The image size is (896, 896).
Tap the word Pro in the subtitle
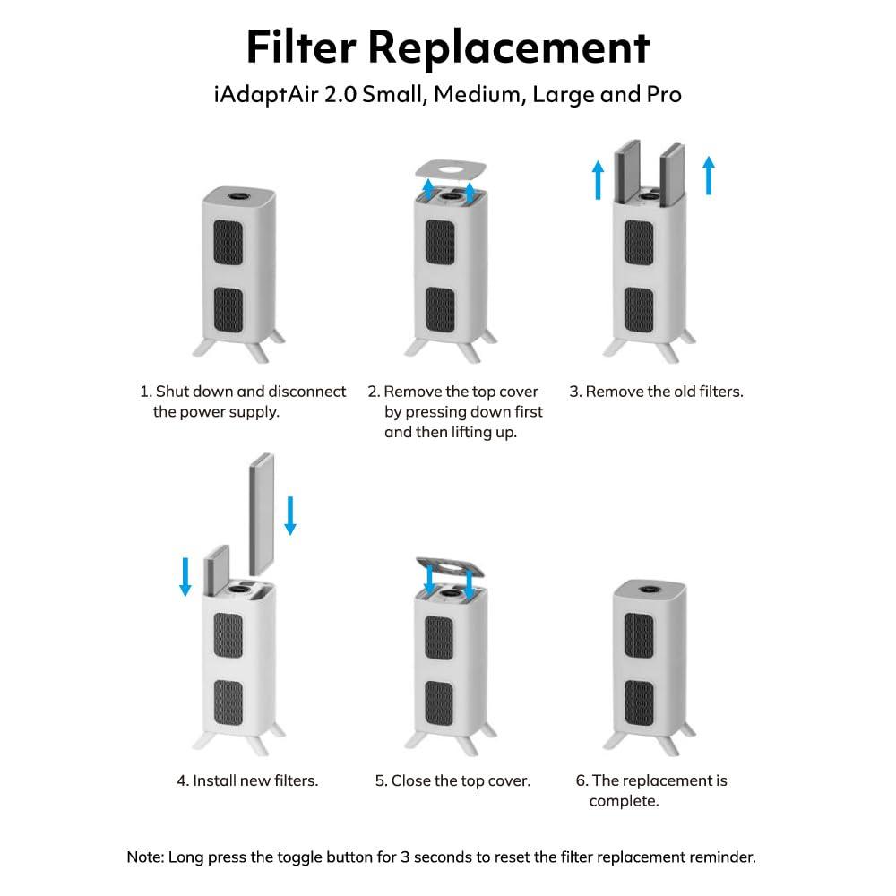664,94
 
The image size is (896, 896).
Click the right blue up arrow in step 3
709,175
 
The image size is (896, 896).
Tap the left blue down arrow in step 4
185,575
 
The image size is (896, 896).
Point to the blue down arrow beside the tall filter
289,514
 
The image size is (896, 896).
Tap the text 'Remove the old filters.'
664,392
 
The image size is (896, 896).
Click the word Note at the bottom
144,857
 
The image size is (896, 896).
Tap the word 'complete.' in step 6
624,800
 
